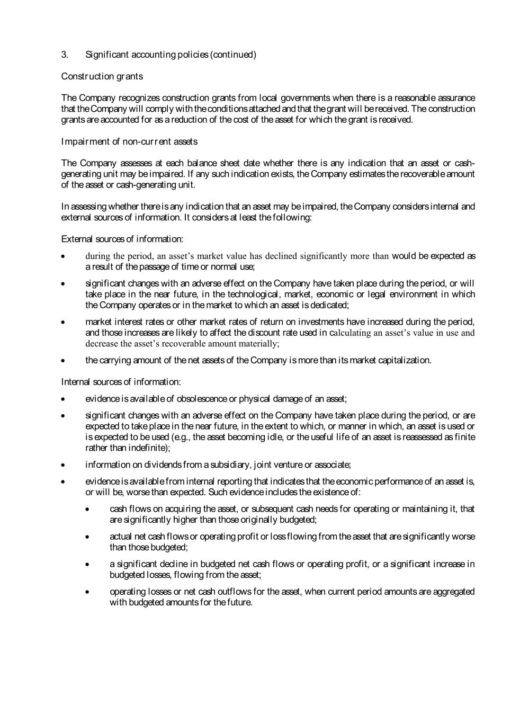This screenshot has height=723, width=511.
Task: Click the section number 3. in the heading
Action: (x=65, y=55)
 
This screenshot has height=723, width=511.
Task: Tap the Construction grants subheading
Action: (x=102, y=76)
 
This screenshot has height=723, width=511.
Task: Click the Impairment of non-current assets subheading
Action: (x=129, y=141)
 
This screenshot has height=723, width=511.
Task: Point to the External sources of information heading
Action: (x=122, y=239)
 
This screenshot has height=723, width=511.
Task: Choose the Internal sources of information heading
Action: (x=121, y=382)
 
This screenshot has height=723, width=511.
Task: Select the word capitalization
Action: (x=405, y=360)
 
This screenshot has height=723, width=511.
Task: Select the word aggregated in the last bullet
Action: (x=453, y=592)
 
